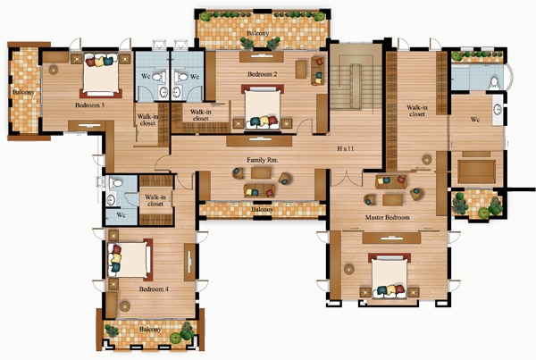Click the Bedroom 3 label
click(x=89, y=105)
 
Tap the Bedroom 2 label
click(x=262, y=74)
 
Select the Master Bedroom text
click(x=388, y=217)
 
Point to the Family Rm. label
click(x=262, y=160)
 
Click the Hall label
click(x=345, y=148)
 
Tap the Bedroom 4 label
click(x=154, y=289)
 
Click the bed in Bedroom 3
click(x=101, y=75)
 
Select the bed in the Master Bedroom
click(x=389, y=275)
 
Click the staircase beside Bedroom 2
click(x=356, y=77)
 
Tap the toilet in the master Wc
click(x=494, y=82)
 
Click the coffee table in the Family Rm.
click(x=261, y=172)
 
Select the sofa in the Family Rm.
click(x=260, y=191)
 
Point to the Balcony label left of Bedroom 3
click(x=23, y=92)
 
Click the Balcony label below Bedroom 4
click(x=150, y=330)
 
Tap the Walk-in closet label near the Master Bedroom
click(x=417, y=111)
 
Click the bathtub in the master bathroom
click(x=476, y=172)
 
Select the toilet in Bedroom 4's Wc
click(x=115, y=183)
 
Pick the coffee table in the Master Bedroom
click(x=392, y=200)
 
